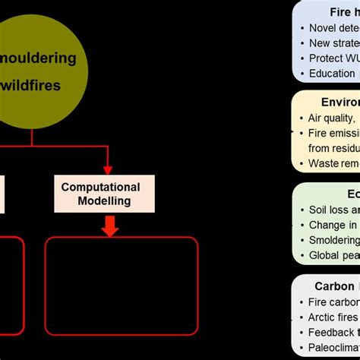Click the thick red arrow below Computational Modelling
pos(110,226)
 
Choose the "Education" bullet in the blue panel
pos(331,74)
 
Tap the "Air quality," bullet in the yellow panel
pos(331,118)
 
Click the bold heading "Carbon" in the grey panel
pos(334,286)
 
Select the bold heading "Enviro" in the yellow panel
pos(339,102)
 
